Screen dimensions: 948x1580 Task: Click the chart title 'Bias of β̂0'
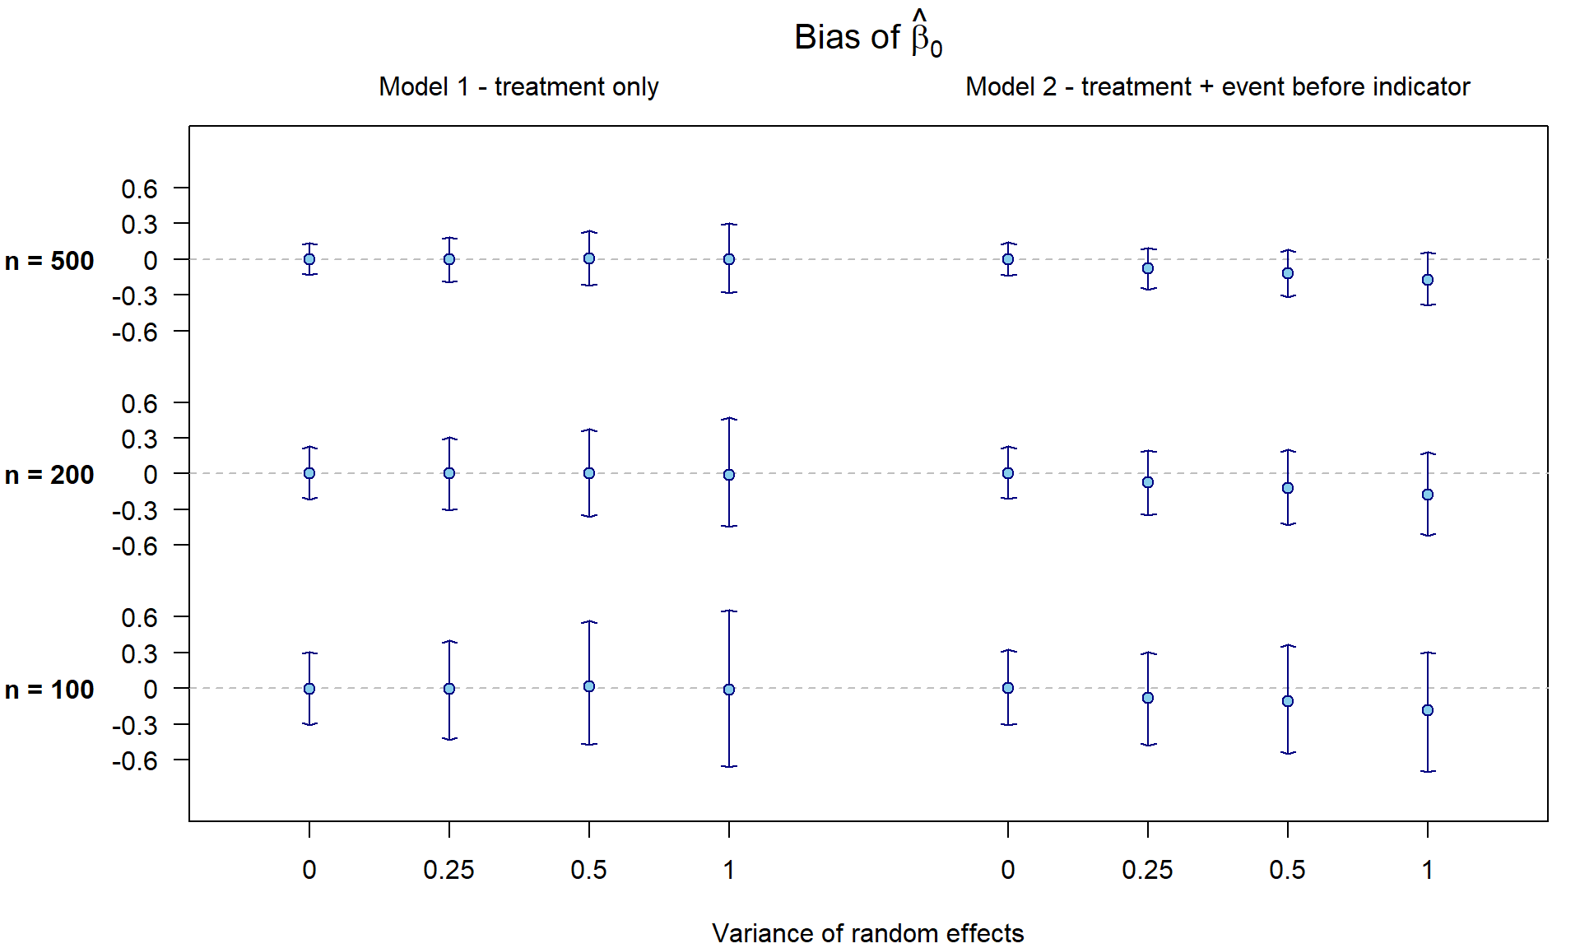(x=867, y=37)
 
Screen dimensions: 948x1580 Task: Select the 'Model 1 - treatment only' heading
(x=518, y=86)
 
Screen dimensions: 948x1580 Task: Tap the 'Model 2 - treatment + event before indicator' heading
(x=1217, y=86)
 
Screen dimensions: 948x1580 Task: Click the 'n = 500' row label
(x=49, y=261)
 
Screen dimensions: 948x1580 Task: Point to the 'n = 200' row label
(x=49, y=475)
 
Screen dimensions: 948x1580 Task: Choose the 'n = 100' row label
(x=49, y=690)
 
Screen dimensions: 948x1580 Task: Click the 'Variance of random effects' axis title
(x=867, y=933)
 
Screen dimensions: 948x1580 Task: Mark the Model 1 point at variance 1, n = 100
(x=729, y=690)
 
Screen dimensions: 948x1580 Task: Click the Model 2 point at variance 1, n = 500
(x=1428, y=280)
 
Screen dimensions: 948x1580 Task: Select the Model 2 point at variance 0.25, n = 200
(x=1148, y=482)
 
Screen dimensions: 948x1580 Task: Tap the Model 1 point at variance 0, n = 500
(x=309, y=259)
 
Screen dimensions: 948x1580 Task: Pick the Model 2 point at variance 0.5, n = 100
(x=1288, y=701)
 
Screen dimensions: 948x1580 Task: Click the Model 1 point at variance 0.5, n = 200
(x=589, y=473)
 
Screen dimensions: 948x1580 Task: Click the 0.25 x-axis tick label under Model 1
(x=448, y=870)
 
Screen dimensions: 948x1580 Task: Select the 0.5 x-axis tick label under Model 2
(x=1287, y=870)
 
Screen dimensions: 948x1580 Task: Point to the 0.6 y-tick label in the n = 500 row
(x=139, y=189)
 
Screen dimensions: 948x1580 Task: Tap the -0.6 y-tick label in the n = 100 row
(x=135, y=761)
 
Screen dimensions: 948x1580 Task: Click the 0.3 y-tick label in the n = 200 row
(x=139, y=439)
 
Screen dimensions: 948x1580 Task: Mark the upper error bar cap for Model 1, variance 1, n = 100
(x=729, y=611)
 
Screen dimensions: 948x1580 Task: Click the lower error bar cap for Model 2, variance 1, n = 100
(x=1428, y=771)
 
